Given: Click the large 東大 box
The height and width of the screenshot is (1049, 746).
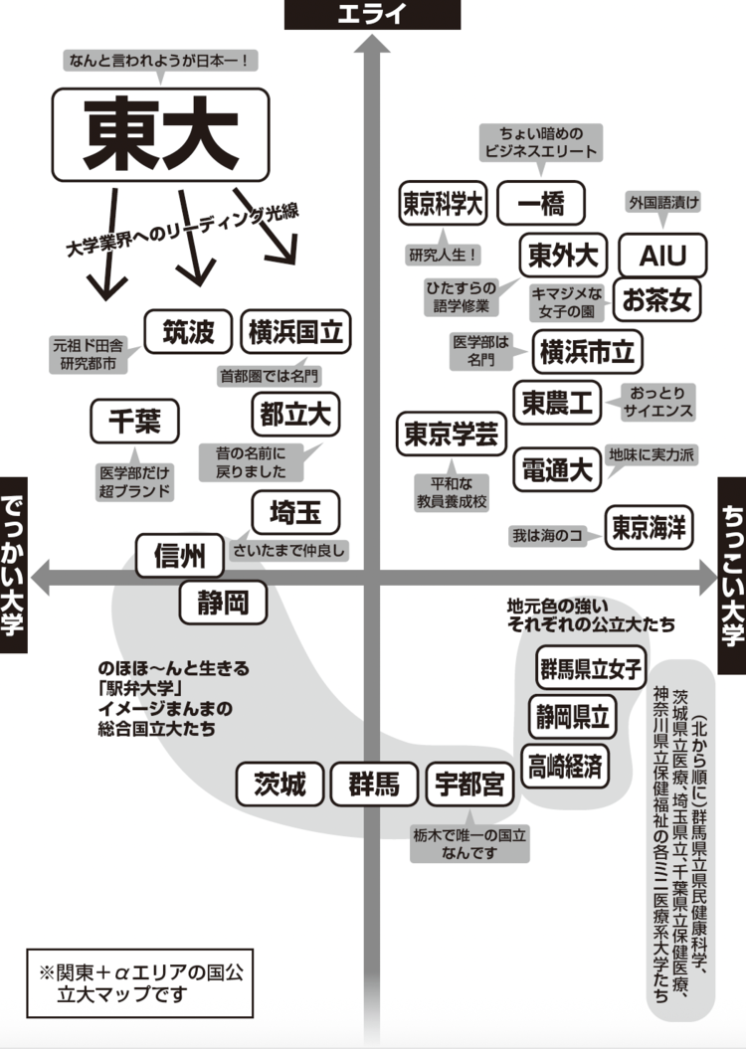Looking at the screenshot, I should click(160, 135).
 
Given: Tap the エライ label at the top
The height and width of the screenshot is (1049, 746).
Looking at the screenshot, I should click(372, 14).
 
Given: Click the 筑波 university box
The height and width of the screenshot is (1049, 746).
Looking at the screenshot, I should click(188, 332).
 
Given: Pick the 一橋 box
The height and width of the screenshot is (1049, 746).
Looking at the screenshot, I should click(541, 205).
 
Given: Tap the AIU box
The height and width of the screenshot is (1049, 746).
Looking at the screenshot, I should click(662, 256).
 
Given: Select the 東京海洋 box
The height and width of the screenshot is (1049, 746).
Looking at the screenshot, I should click(649, 527).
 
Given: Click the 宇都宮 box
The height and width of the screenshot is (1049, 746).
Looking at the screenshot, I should click(469, 785).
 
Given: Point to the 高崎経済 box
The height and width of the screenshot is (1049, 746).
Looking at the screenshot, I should click(565, 766).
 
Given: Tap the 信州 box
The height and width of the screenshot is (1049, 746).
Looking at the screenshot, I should click(180, 557).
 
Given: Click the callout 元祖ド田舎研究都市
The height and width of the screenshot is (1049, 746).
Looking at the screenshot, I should click(89, 355).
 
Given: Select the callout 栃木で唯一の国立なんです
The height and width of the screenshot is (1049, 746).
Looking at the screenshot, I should click(469, 844).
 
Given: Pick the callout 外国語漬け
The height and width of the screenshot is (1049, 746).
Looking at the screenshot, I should click(663, 203).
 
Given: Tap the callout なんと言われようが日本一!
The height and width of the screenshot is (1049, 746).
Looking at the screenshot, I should click(161, 62).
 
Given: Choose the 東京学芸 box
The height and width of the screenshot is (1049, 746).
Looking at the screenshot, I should click(452, 435).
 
